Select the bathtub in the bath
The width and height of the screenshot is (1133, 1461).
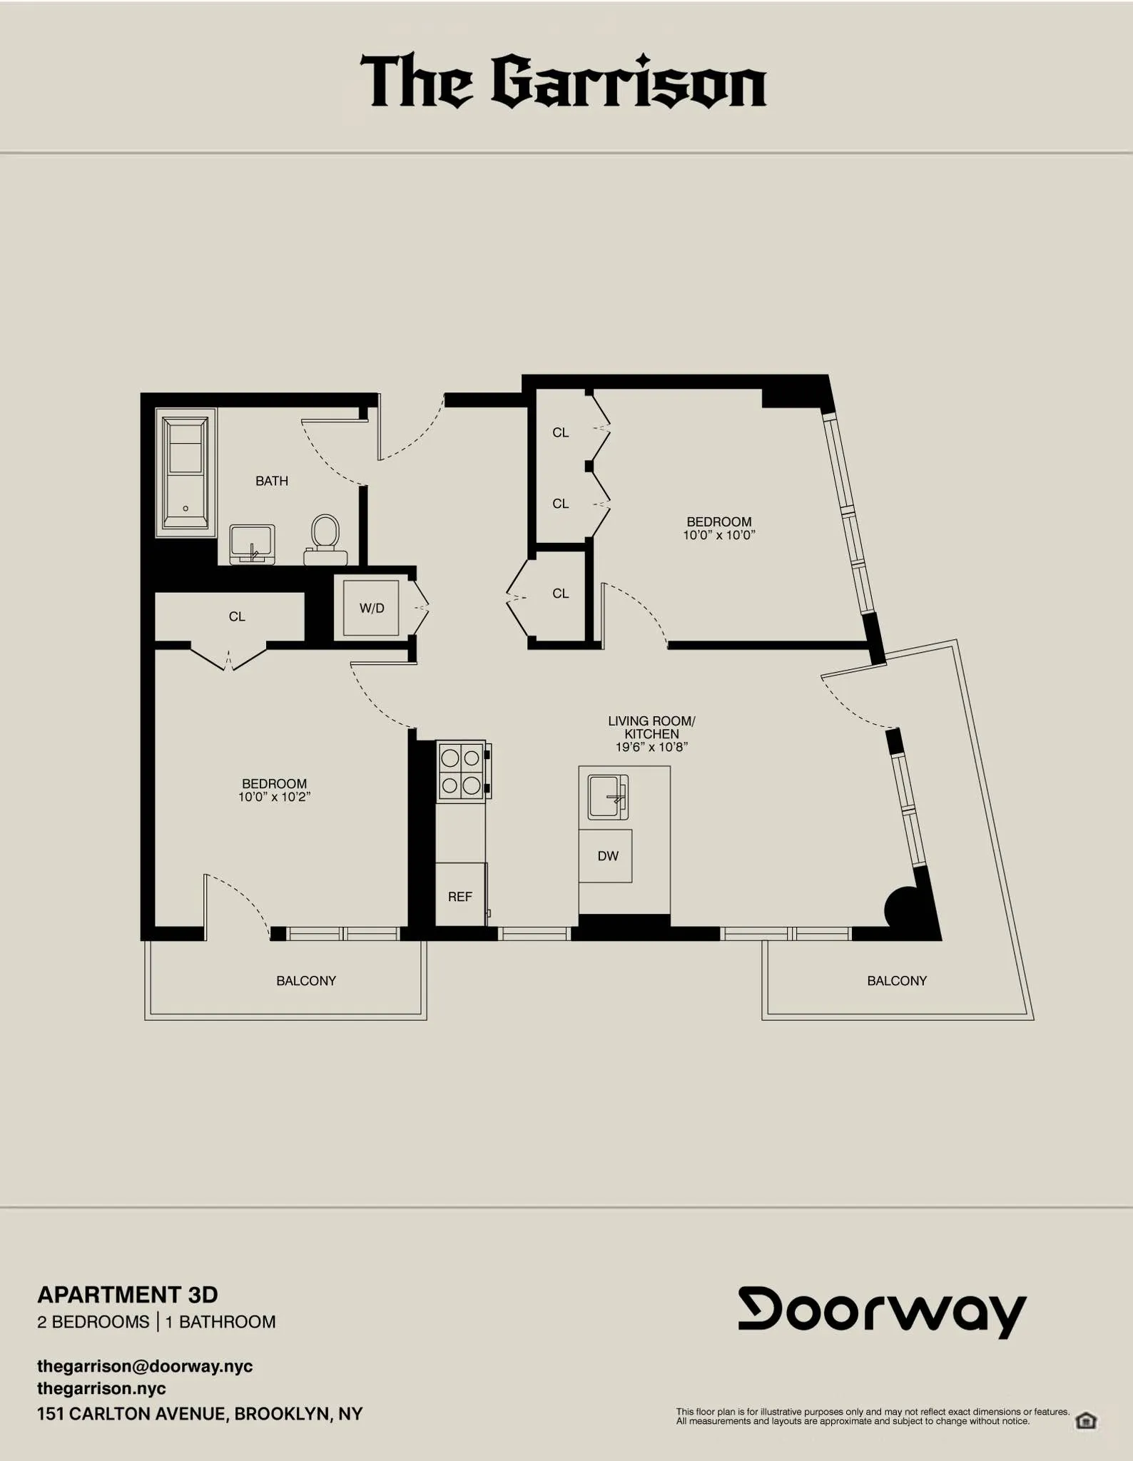coord(186,472)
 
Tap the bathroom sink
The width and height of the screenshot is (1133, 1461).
coord(253,544)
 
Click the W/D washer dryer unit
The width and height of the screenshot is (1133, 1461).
coord(371,608)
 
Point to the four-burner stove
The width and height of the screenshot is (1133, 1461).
coord(461,771)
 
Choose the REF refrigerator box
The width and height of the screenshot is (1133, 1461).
coord(460,896)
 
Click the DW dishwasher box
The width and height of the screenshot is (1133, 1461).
coord(607,855)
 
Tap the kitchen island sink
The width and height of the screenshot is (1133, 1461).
coord(607,797)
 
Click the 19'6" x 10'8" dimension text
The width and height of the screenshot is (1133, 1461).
coord(651,747)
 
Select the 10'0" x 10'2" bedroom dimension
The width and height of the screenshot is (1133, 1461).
coord(274,797)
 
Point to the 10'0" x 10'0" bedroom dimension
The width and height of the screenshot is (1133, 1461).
coord(718,535)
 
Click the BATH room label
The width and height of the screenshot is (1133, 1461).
coord(272,481)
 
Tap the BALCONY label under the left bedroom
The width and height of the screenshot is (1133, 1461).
coord(306,981)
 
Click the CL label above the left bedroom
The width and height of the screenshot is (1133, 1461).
coord(237,616)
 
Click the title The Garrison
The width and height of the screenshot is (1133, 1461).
coord(564,82)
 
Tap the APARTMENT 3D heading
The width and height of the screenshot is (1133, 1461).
coord(128,1294)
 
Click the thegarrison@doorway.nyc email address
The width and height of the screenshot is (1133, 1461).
coord(145,1366)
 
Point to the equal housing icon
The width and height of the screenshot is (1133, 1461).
coord(1086,1420)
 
